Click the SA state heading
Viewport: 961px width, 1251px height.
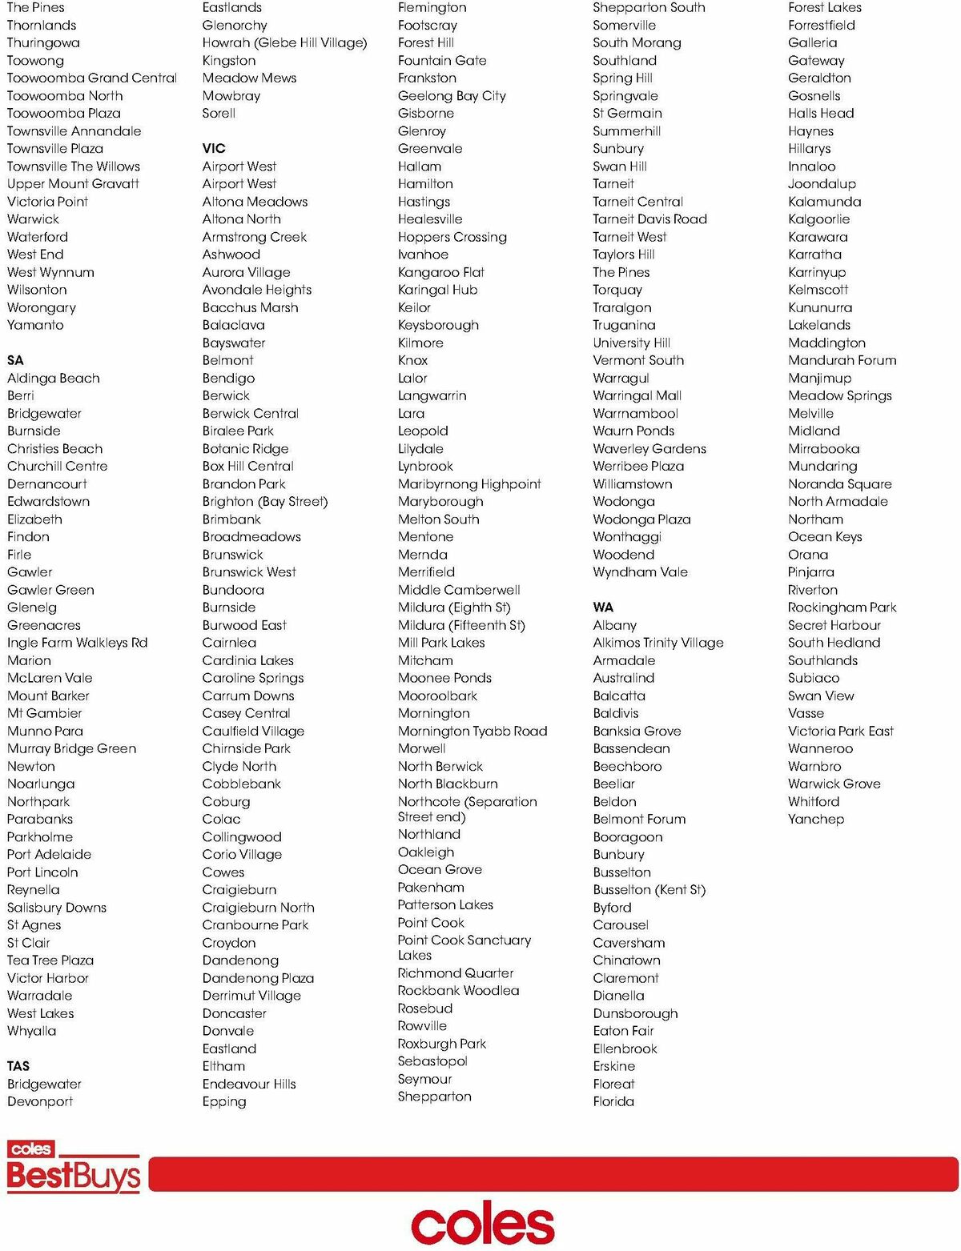(x=15, y=360)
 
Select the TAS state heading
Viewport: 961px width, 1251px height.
(x=18, y=1066)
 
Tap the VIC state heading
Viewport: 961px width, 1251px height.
(x=214, y=148)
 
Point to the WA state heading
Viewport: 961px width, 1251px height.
(x=603, y=607)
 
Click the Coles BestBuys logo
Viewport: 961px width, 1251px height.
(x=73, y=1168)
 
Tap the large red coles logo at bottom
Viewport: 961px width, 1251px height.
(x=482, y=1224)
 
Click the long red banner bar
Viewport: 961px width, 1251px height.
(x=553, y=1174)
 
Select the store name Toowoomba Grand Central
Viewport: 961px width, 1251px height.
(x=92, y=78)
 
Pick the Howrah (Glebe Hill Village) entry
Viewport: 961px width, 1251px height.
(x=284, y=42)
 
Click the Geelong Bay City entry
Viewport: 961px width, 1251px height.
(x=452, y=95)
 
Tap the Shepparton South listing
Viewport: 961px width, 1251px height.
(x=649, y=8)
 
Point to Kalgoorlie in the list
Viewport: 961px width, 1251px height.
(x=818, y=219)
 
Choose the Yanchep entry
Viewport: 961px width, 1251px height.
(x=816, y=819)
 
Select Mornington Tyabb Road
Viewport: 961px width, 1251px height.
(x=472, y=731)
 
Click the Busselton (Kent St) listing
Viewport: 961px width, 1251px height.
(x=649, y=889)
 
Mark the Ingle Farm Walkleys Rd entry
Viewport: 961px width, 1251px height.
(x=78, y=643)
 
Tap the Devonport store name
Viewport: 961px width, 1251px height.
(x=40, y=1101)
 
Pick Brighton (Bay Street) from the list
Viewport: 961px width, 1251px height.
(x=265, y=501)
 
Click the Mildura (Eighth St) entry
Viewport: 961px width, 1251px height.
(x=454, y=607)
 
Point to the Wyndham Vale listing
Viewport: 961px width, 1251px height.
(x=640, y=572)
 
